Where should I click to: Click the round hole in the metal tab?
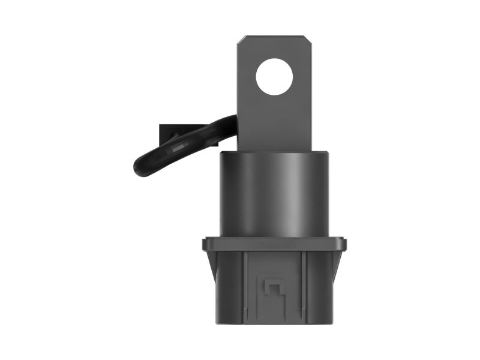pos(274,77)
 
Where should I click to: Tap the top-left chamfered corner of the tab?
pos(240,40)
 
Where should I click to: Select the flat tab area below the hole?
pos(274,123)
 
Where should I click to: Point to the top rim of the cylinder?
pos(274,154)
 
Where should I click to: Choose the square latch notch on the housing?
pos(274,287)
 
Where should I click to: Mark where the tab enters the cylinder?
pos(274,151)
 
